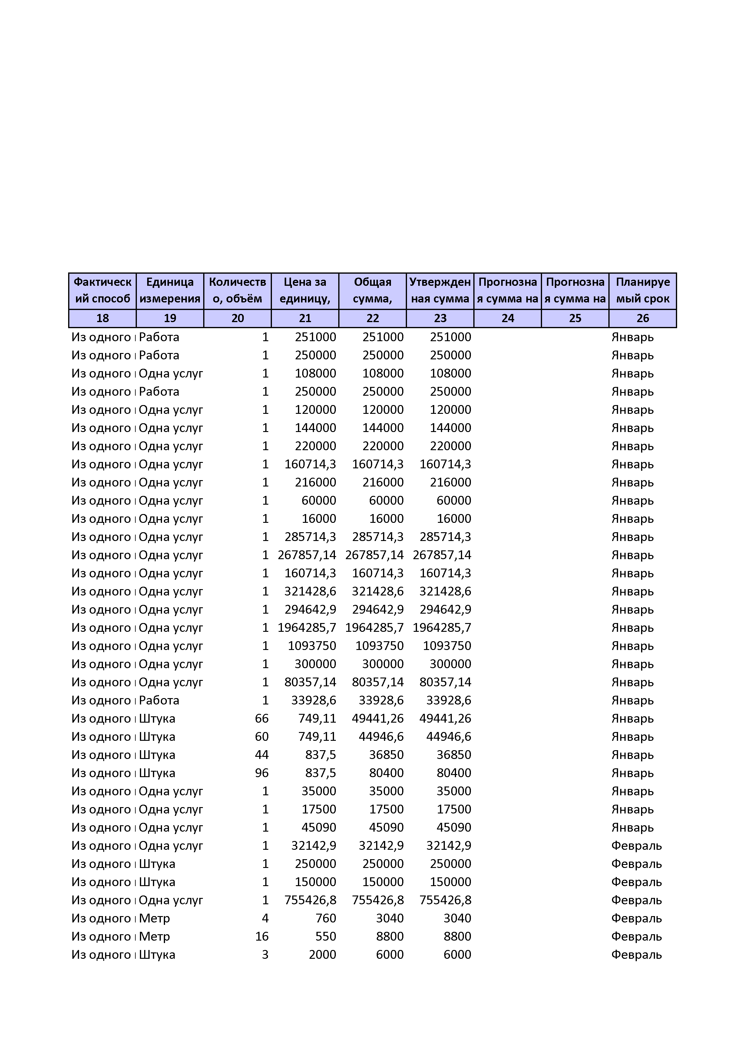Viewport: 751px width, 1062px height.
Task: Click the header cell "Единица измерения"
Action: click(x=170, y=291)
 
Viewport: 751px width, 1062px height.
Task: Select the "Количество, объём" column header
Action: click(x=237, y=291)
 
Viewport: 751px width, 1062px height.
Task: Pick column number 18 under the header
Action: click(x=102, y=318)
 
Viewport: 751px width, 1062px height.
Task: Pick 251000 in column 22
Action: click(x=383, y=337)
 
